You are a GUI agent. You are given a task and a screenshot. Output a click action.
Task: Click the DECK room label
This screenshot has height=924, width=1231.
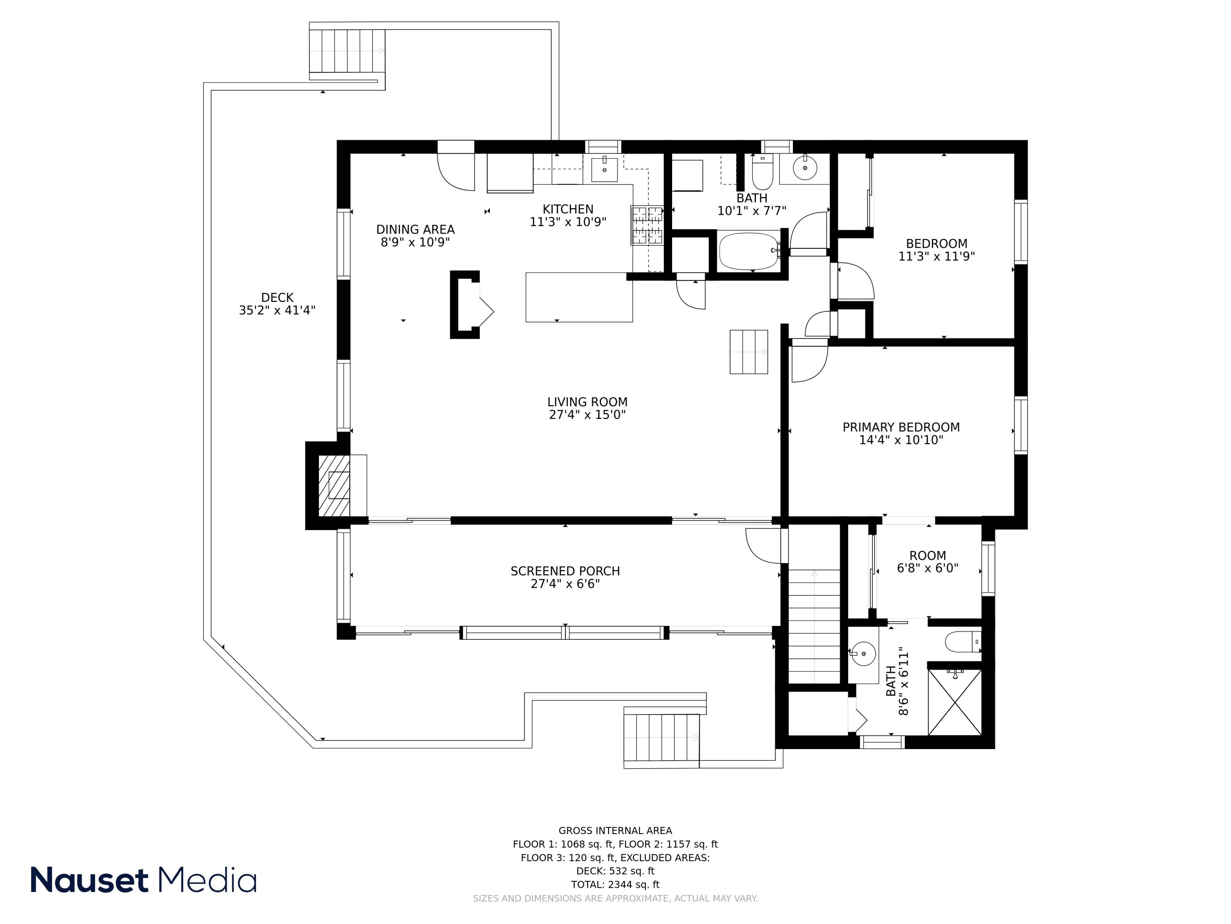tap(277, 297)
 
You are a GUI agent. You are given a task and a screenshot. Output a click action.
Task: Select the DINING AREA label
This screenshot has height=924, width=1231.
tap(415, 230)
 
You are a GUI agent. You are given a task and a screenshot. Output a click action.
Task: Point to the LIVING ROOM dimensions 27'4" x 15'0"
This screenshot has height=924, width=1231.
tap(587, 415)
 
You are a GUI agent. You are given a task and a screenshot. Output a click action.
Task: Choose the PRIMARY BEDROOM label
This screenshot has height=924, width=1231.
tap(901, 427)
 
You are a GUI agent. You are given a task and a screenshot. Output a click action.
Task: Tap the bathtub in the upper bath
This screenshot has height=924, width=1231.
tap(749, 251)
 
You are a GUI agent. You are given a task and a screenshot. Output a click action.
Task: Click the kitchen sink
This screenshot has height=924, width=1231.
tap(604, 169)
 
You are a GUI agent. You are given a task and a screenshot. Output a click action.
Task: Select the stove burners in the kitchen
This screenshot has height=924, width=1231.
tap(647, 225)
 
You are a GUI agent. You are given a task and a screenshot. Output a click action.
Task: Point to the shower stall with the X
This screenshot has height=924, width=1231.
tap(954, 702)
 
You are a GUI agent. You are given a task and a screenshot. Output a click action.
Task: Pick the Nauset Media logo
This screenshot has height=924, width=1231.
tap(144, 880)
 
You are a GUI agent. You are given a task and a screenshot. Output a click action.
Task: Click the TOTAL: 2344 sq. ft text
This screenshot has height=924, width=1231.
tap(615, 885)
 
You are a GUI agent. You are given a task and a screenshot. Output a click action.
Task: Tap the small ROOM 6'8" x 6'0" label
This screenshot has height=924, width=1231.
tap(928, 562)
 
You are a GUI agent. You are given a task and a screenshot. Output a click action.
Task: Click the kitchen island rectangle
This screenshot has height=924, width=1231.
tap(579, 297)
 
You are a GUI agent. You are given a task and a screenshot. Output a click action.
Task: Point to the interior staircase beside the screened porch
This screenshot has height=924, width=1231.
tap(814, 626)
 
